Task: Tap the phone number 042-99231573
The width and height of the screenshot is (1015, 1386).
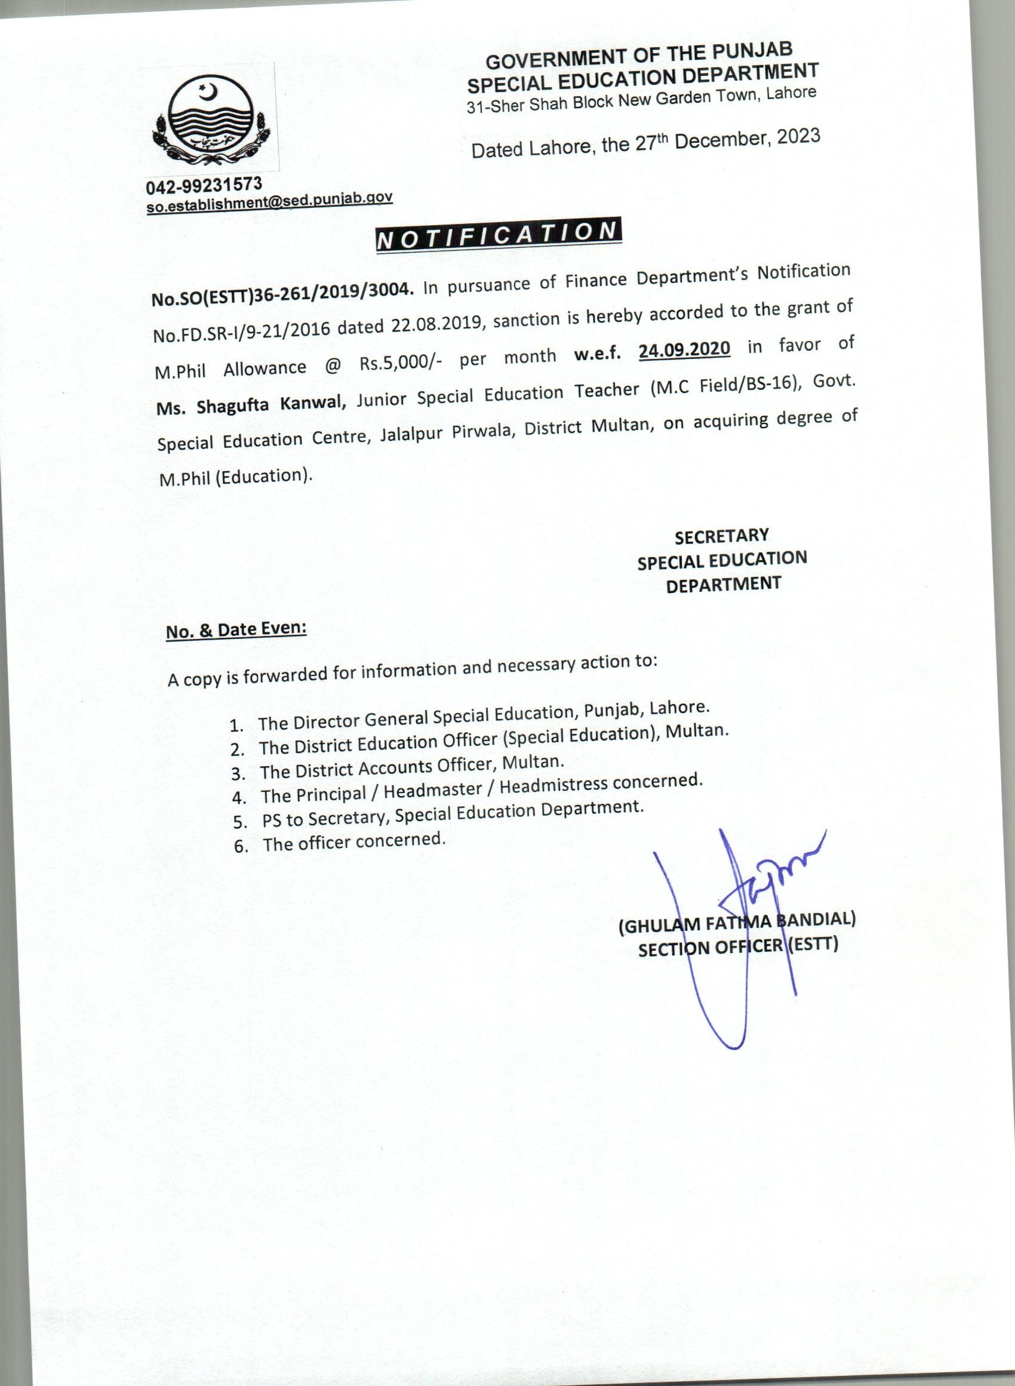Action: pyautogui.click(x=204, y=185)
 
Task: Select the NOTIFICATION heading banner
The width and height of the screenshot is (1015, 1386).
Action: pyautogui.click(x=498, y=235)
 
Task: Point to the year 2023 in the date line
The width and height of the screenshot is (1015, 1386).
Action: pyautogui.click(x=798, y=136)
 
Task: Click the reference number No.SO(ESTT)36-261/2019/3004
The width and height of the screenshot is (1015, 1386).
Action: pyautogui.click(x=280, y=293)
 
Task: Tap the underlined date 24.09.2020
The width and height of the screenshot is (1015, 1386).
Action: pyautogui.click(x=684, y=349)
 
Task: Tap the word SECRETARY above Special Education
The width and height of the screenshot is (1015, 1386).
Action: pyautogui.click(x=721, y=536)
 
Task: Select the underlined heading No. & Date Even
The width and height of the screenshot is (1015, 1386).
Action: pyautogui.click(x=236, y=631)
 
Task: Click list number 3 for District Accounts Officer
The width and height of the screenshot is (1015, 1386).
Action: pyautogui.click(x=239, y=773)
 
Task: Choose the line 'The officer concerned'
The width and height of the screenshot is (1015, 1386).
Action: pyautogui.click(x=353, y=841)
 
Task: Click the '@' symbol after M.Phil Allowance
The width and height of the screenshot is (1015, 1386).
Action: pyautogui.click(x=333, y=367)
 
